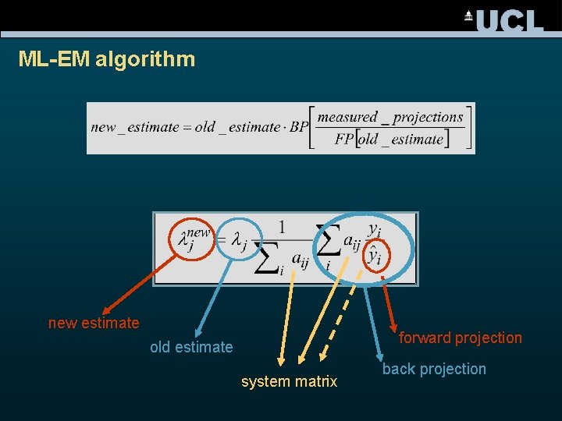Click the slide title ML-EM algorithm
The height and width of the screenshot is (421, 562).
pyautogui.click(x=107, y=59)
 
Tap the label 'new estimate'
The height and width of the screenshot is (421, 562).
pyautogui.click(x=94, y=323)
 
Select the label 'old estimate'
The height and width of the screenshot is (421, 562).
pyautogui.click(x=191, y=347)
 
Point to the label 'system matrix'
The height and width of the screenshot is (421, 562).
pyautogui.click(x=289, y=381)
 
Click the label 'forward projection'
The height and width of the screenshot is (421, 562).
pyautogui.click(x=460, y=338)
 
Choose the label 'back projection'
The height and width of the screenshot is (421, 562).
pyautogui.click(x=434, y=369)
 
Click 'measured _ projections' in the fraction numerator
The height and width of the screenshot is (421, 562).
pyautogui.click(x=390, y=118)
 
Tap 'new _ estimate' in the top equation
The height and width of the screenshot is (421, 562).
pyautogui.click(x=131, y=127)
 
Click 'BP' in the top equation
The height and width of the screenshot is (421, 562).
pyautogui.click(x=299, y=127)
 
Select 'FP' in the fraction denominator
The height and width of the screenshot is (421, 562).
pyautogui.click(x=344, y=140)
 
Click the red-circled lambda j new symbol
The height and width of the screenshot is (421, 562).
pyautogui.click(x=193, y=237)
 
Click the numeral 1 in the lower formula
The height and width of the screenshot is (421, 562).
pyautogui.click(x=281, y=228)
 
